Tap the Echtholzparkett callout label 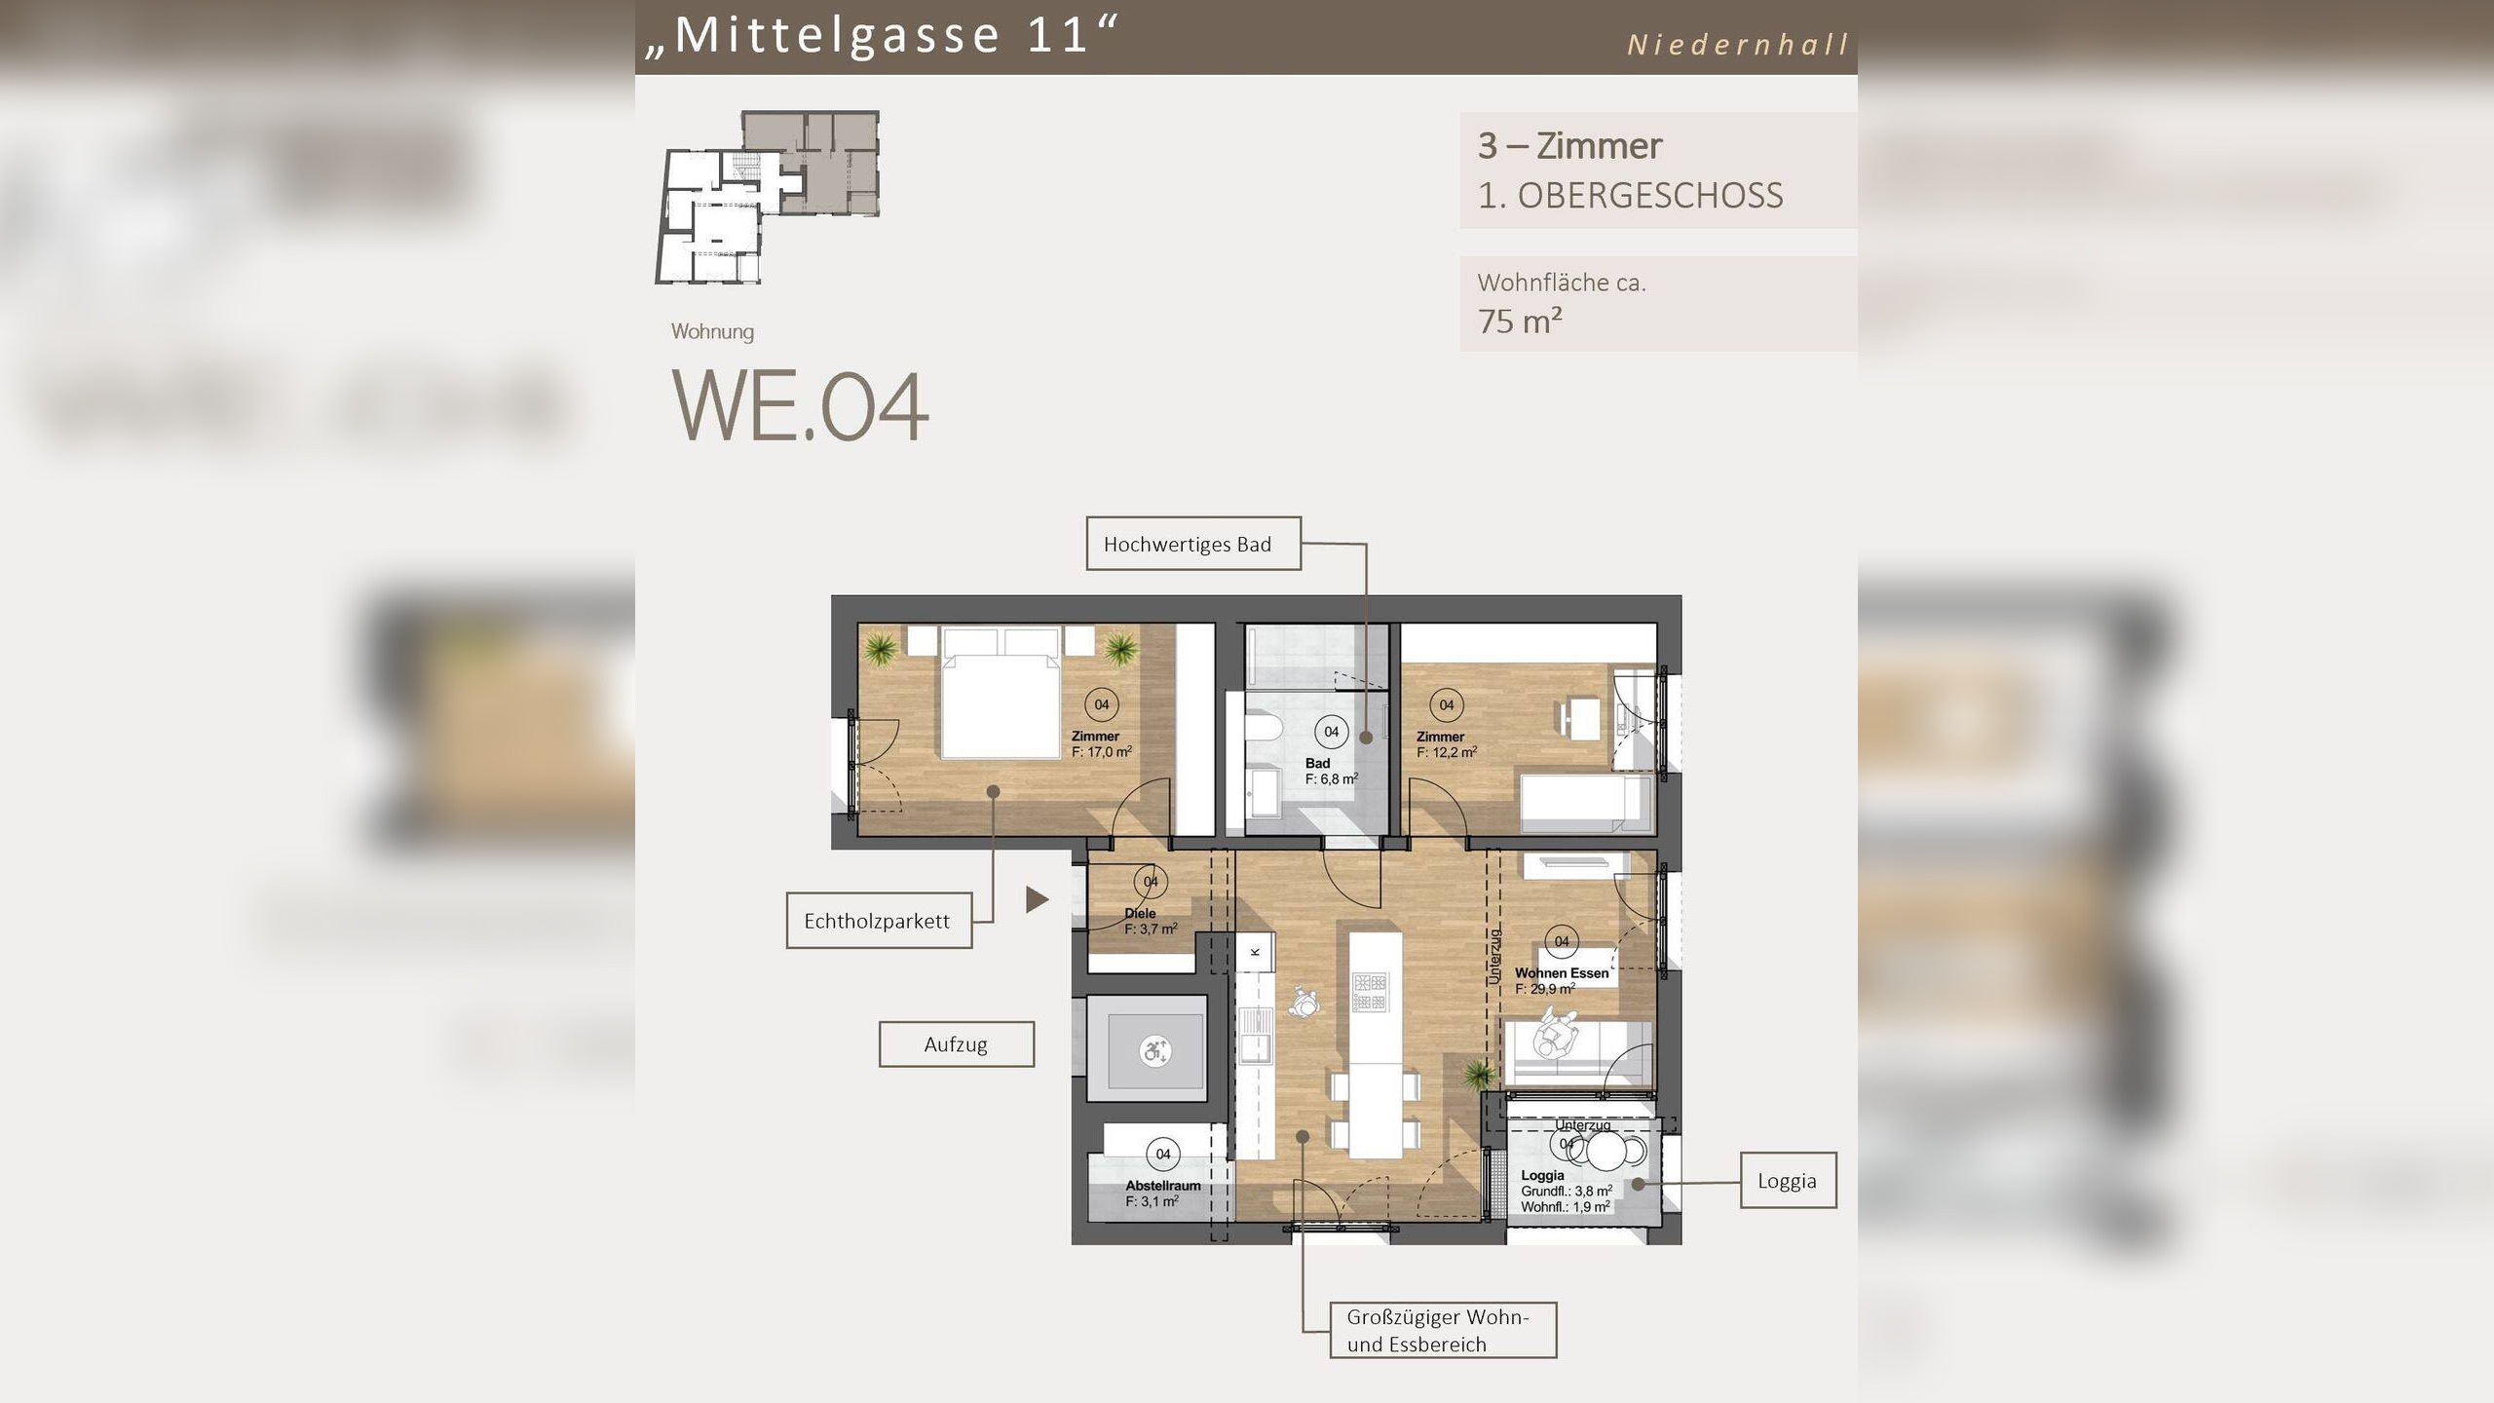coord(878,921)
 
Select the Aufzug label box coord(956,1044)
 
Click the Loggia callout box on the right coord(1788,1181)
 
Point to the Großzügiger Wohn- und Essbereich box coord(1442,1330)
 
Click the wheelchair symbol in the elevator coord(1154,1051)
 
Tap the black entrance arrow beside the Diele coord(1037,899)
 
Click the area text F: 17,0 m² coord(1102,752)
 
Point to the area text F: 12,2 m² coord(1447,752)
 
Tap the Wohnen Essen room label coord(1561,972)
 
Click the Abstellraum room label coord(1163,1186)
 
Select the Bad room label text coord(1317,763)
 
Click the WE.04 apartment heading coord(800,407)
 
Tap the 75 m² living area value coord(1520,321)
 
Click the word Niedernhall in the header coord(1738,45)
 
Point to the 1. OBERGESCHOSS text coord(1630,196)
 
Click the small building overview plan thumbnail coord(768,197)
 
